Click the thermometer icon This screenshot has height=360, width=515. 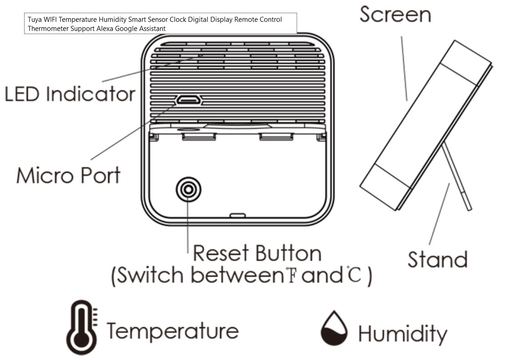pyautogui.click(x=81, y=327)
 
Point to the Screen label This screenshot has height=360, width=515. pyautogui.click(x=395, y=15)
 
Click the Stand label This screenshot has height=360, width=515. pyautogui.click(x=437, y=259)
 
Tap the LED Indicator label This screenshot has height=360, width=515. pyautogui.click(x=70, y=95)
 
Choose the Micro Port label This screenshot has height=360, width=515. pyautogui.click(x=69, y=175)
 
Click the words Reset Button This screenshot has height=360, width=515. pyautogui.click(x=257, y=253)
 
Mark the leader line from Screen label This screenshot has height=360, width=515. pyautogui.click(x=404, y=68)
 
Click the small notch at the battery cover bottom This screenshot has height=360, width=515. pyautogui.click(x=237, y=215)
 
